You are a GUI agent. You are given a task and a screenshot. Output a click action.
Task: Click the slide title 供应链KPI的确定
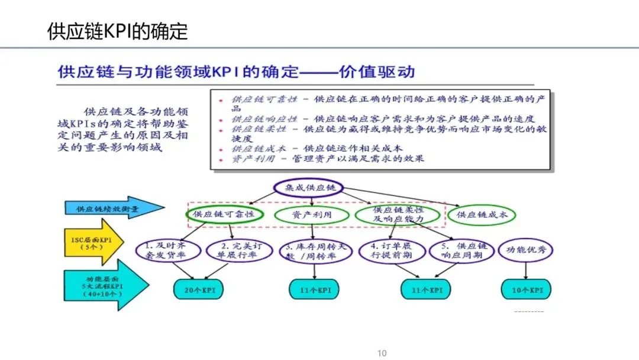tap(117, 31)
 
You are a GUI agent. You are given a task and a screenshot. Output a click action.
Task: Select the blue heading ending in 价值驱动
tap(236, 73)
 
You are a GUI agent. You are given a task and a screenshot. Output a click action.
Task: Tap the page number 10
tap(382, 353)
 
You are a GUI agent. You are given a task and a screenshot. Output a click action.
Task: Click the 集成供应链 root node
tap(308, 188)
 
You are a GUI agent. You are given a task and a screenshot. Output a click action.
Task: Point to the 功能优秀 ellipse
tap(526, 250)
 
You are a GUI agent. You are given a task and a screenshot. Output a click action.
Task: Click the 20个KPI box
tap(198, 290)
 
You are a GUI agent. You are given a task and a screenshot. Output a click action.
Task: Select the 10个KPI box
tap(527, 290)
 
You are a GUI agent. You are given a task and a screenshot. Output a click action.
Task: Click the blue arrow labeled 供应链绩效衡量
tap(113, 208)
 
